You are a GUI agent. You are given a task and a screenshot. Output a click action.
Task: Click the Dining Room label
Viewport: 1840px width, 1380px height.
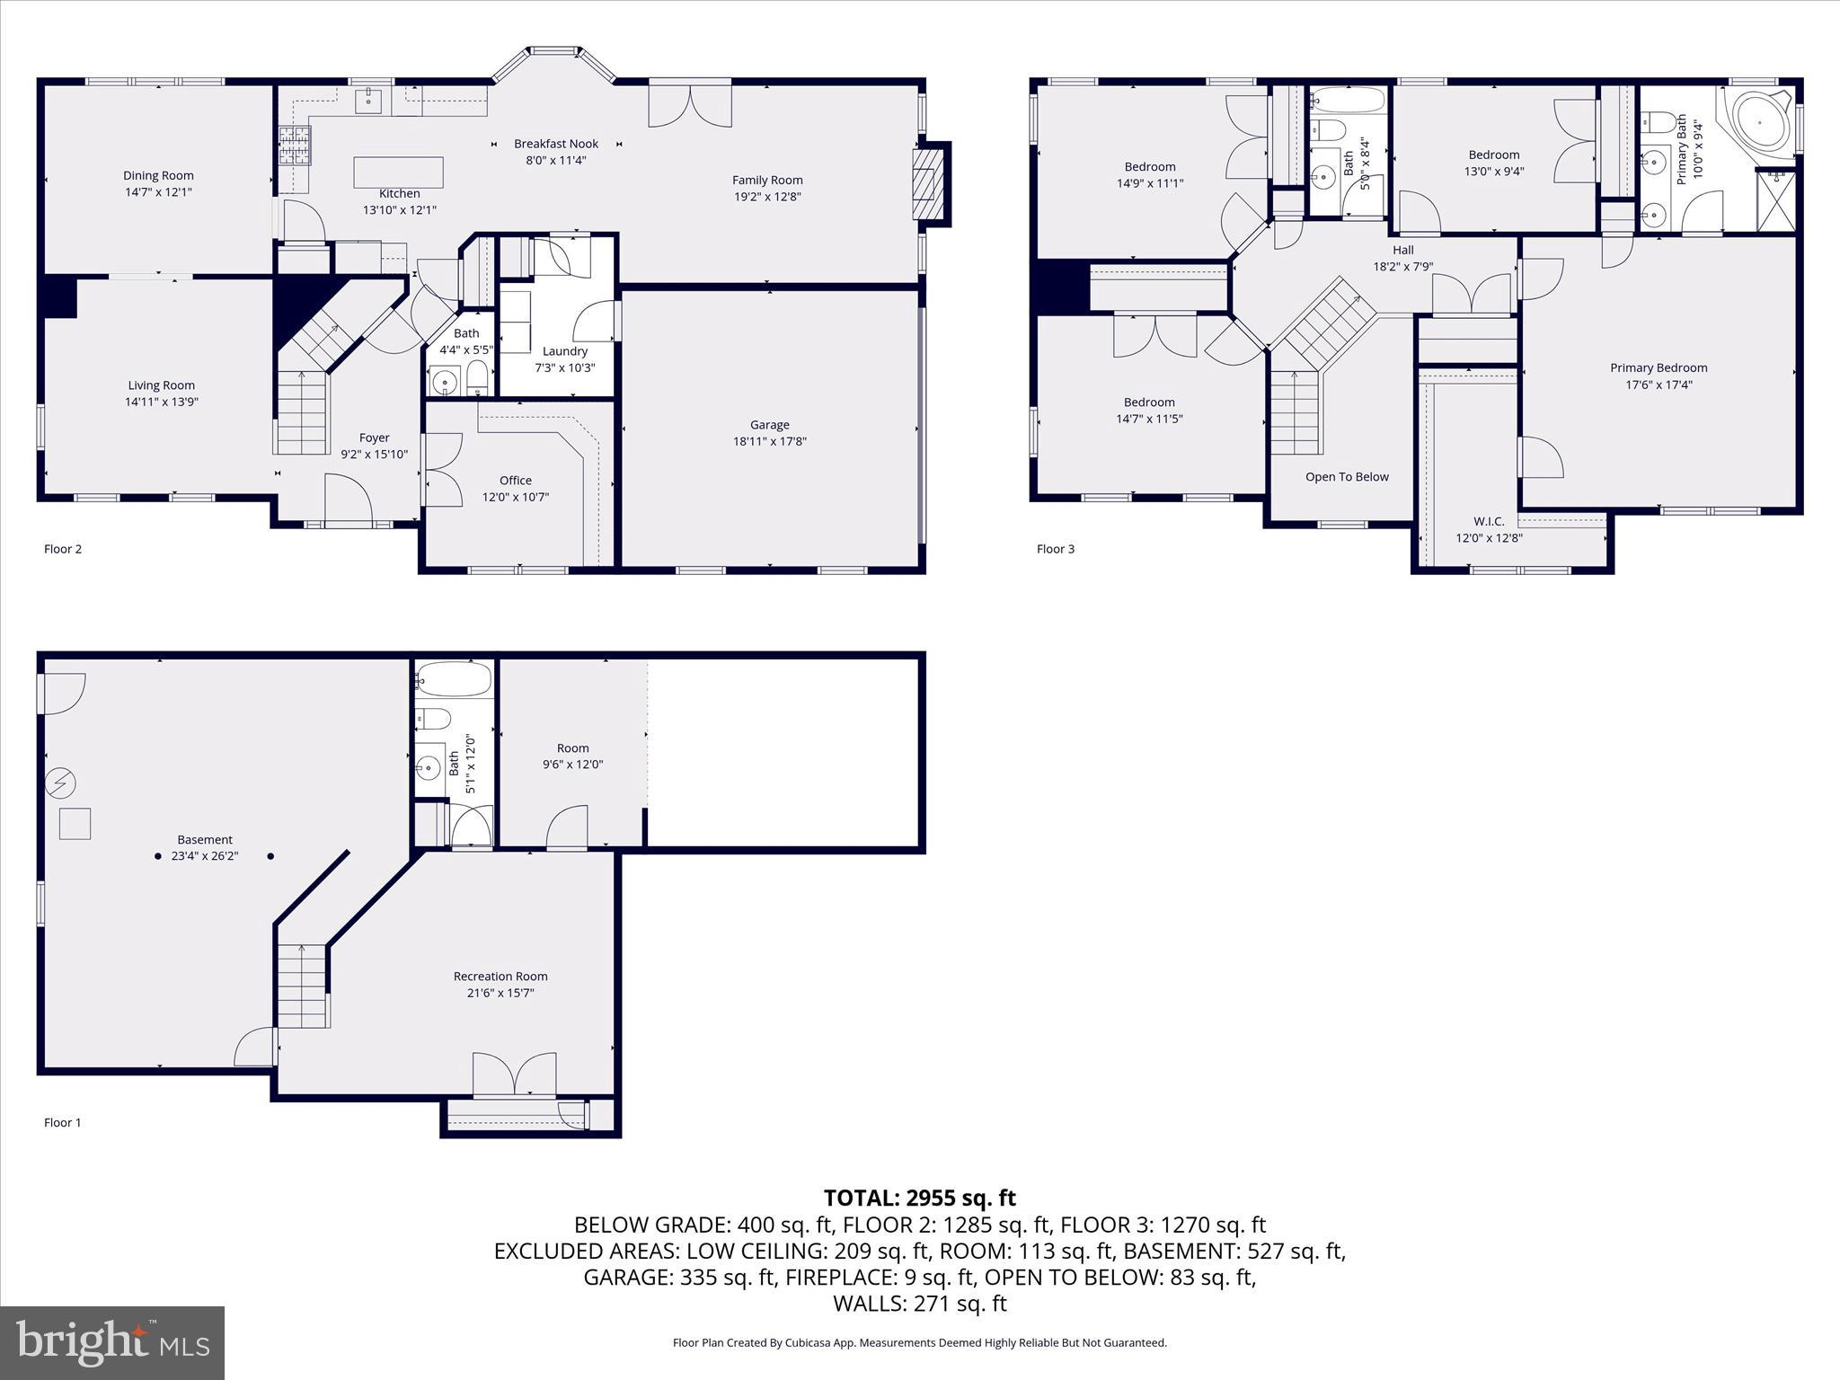(158, 175)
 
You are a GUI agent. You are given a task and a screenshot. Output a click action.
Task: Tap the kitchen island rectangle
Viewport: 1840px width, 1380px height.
(398, 172)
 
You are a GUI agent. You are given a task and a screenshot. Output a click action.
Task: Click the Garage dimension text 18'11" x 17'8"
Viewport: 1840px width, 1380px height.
(769, 441)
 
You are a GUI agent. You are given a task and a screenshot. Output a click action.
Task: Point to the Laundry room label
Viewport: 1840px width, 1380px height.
(564, 351)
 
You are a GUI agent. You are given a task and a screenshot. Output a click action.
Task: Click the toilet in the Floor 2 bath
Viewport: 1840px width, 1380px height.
(477, 377)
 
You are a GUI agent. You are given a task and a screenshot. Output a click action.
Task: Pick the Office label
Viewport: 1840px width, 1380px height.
(515, 481)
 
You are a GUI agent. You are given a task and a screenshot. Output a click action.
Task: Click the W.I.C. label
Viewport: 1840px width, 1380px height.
(1489, 521)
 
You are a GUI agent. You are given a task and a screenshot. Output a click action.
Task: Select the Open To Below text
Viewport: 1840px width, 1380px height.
(1347, 477)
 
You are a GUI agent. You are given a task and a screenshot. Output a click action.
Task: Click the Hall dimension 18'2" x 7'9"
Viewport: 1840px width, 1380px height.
(1402, 267)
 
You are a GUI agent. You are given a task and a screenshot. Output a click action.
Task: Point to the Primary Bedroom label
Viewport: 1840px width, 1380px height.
(1659, 367)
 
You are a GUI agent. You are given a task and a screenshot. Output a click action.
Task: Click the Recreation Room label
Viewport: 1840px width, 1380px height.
(500, 977)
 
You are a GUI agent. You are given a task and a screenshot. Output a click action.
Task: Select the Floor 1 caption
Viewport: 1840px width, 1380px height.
(63, 1122)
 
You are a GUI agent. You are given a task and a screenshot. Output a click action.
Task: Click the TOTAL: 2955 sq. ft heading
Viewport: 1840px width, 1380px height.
(919, 1198)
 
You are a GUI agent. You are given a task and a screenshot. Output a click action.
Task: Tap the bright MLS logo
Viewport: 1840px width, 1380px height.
(112, 1342)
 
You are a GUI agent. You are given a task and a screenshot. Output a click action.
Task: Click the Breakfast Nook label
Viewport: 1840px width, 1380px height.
(555, 144)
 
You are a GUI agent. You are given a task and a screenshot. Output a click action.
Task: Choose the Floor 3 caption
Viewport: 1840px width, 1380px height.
(1055, 549)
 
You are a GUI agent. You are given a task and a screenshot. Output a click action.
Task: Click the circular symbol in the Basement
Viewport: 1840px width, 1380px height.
(61, 784)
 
